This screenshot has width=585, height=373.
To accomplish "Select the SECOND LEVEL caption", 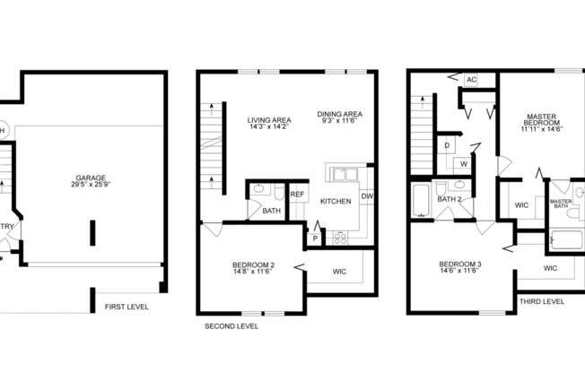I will click(231, 326).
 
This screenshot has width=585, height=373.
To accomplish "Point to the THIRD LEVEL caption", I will click(542, 302).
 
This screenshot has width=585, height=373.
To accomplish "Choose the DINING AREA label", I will click(339, 118).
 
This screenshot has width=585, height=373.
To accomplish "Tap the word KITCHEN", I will click(336, 202).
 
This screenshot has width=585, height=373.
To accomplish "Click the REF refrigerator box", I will click(298, 195).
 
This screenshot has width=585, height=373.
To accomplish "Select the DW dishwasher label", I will click(366, 196).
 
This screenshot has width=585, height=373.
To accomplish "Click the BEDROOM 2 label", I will click(253, 268).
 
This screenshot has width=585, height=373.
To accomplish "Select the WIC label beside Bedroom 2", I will click(339, 271).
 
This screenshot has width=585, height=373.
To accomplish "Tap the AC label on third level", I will click(470, 80).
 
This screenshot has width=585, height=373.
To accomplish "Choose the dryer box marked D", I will click(447, 144).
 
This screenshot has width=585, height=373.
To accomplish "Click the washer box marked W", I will click(465, 164).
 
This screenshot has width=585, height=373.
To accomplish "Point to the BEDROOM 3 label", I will click(460, 268).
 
